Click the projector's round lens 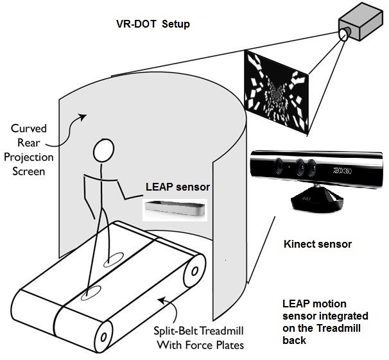(x=343, y=33)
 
